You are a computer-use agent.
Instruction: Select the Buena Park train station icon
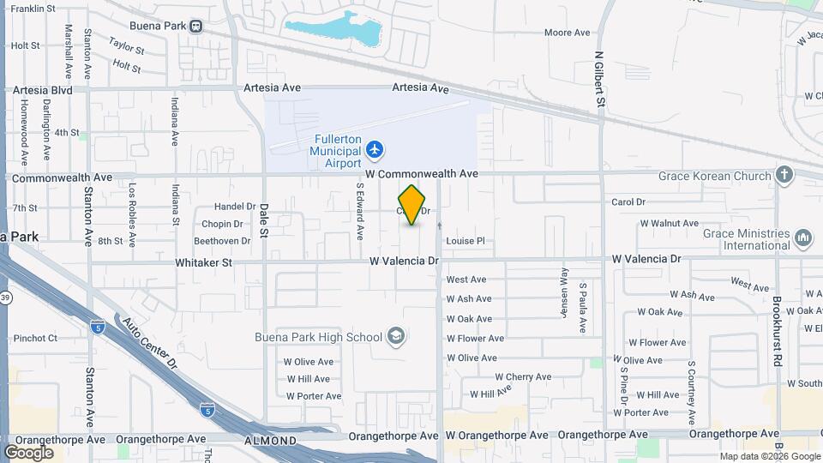pyautogui.click(x=197, y=26)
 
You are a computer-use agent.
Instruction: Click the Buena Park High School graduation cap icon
pyautogui.click(x=395, y=335)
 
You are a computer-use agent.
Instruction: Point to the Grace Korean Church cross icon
pyautogui.click(x=784, y=176)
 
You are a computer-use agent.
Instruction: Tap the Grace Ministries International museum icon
pyautogui.click(x=803, y=237)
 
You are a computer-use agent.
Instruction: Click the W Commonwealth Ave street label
pyautogui.click(x=421, y=173)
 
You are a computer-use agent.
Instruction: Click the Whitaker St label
pyautogui.click(x=204, y=263)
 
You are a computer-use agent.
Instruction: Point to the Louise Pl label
pyautogui.click(x=465, y=241)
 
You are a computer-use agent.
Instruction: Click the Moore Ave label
pyautogui.click(x=568, y=33)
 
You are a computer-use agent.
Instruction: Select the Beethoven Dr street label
pyautogui.click(x=221, y=241)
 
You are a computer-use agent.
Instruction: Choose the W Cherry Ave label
pyautogui.click(x=523, y=376)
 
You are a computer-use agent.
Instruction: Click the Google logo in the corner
pyautogui.click(x=28, y=452)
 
